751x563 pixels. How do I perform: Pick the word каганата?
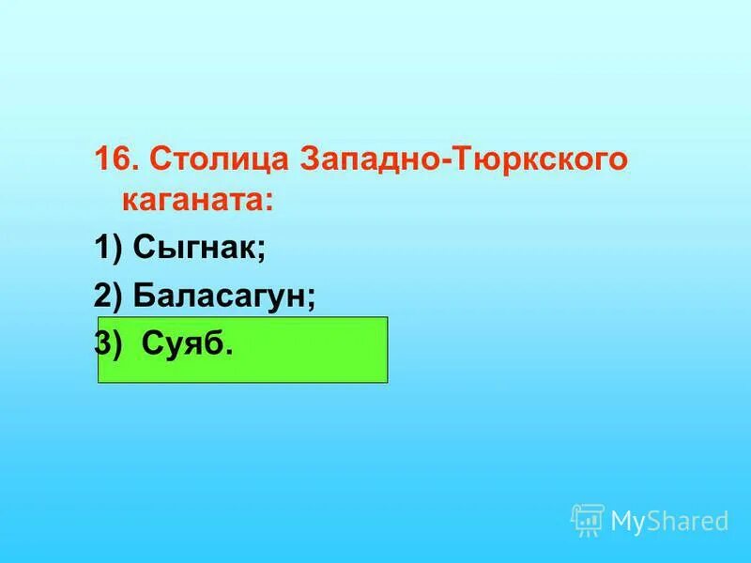click(x=193, y=201)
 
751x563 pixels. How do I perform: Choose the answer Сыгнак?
click(x=195, y=249)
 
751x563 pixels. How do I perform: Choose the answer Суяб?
click(x=182, y=344)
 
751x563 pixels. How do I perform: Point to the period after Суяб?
click(x=229, y=352)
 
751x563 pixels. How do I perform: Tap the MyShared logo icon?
click(x=588, y=520)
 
